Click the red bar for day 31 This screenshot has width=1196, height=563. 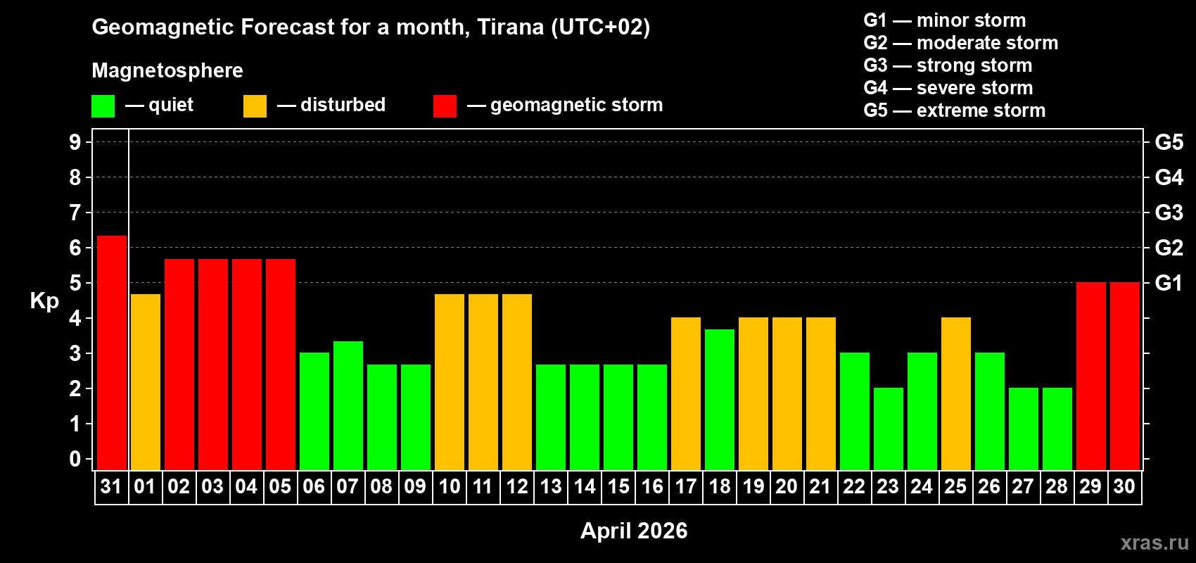click(x=112, y=353)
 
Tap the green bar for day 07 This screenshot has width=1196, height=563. click(x=348, y=405)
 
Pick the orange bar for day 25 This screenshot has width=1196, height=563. click(x=956, y=393)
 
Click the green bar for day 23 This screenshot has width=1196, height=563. click(x=889, y=429)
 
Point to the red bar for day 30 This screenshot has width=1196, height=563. click(x=1125, y=376)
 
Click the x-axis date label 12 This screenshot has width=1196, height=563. click(x=517, y=486)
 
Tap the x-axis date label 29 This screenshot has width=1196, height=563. click(x=1090, y=486)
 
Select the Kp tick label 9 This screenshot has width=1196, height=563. click(x=75, y=142)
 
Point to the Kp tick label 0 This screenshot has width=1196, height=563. click(x=75, y=459)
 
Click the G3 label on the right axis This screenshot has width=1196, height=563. click(x=1169, y=213)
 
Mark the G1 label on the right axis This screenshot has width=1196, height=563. click(x=1169, y=283)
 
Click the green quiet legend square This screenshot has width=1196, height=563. click(x=103, y=106)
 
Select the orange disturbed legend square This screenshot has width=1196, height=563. click(x=255, y=106)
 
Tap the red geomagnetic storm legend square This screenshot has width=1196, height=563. click(x=445, y=106)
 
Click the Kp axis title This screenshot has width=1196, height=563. click(x=44, y=301)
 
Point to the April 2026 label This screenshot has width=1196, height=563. click(x=634, y=531)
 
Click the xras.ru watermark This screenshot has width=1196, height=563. click(x=1154, y=543)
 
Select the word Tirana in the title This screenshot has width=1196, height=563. click(x=510, y=27)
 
